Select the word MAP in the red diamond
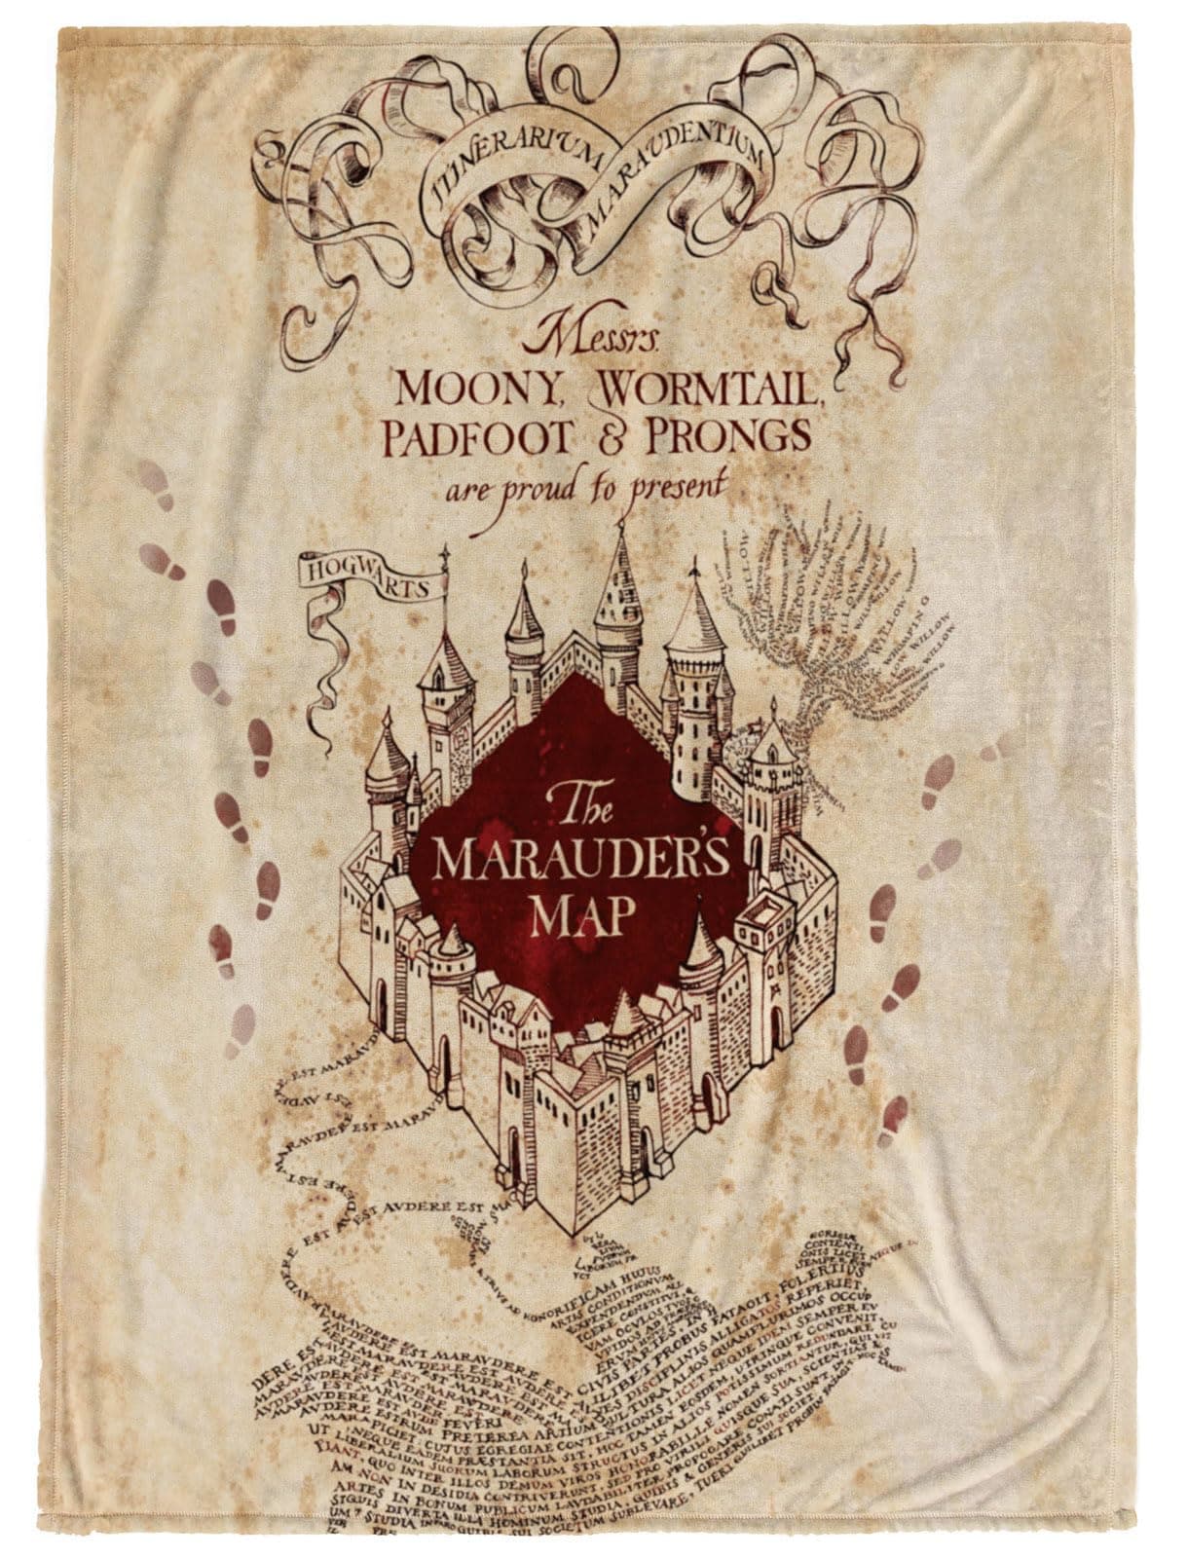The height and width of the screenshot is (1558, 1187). coord(582,914)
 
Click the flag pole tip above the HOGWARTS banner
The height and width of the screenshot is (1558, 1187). coord(445,553)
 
